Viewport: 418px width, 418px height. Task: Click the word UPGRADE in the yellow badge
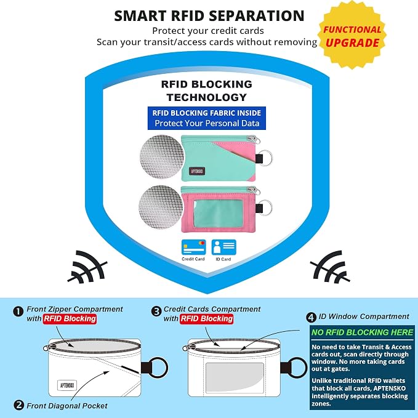tap(352, 43)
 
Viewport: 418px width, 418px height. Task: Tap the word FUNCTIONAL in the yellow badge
tap(352, 30)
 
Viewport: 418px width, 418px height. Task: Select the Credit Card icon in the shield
tap(193, 247)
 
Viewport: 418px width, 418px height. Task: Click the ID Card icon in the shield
tap(223, 247)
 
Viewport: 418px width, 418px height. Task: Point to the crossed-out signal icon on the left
tap(87, 267)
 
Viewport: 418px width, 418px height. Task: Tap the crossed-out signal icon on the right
tap(330, 267)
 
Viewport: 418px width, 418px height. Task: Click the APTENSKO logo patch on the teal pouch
tap(197, 171)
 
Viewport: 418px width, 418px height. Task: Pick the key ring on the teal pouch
tap(265, 158)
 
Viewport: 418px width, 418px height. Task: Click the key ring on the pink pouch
tap(265, 207)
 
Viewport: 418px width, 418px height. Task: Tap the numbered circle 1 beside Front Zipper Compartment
tap(18, 311)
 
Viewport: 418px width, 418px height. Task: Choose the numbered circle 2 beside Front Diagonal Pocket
tap(18, 405)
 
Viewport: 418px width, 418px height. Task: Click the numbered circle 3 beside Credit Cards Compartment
tap(156, 311)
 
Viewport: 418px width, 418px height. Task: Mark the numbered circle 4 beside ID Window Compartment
tap(311, 317)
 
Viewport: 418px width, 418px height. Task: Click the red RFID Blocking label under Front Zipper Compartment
tap(70, 319)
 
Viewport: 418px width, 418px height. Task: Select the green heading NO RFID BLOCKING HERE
tap(362, 332)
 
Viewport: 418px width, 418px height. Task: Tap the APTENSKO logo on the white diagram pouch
tap(67, 385)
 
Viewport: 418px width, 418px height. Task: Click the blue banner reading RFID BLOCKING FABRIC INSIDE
tap(207, 118)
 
